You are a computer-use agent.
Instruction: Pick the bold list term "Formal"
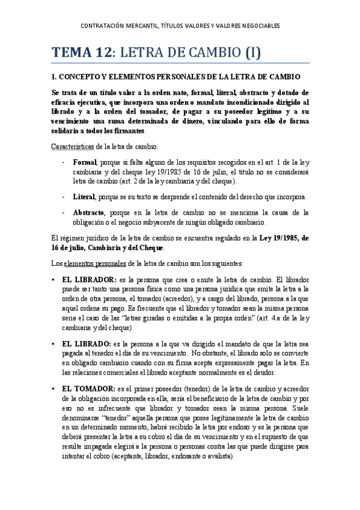pyautogui.click(x=85, y=162)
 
